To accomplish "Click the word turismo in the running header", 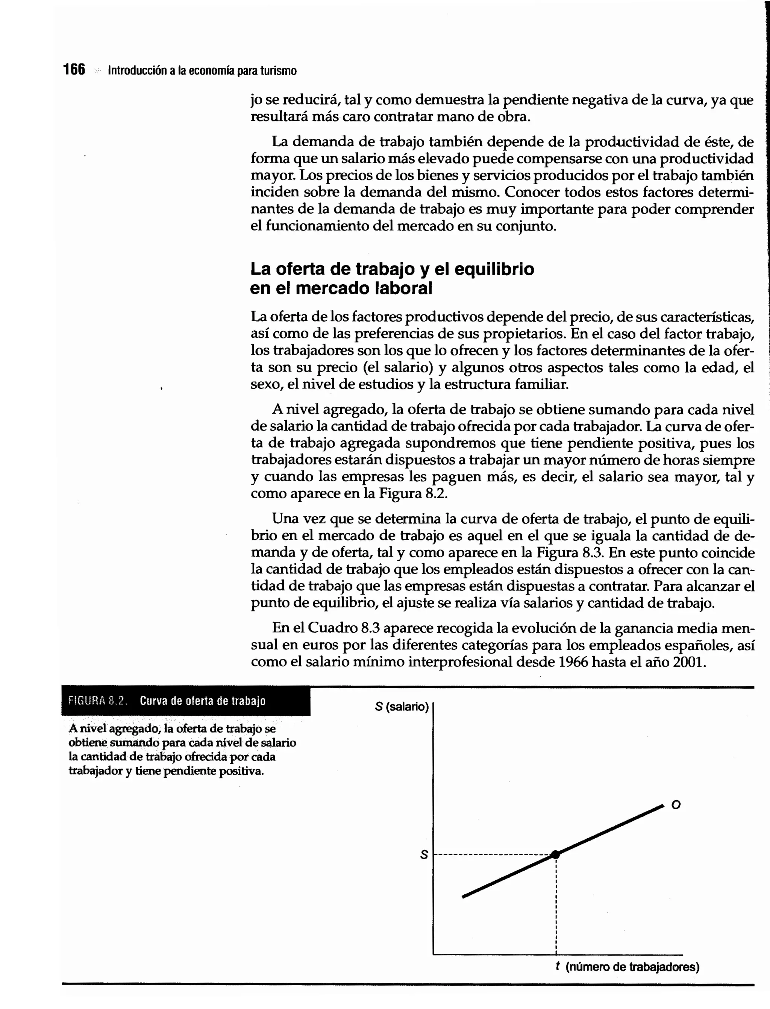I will (278, 71).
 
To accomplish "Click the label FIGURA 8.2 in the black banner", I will (97, 701).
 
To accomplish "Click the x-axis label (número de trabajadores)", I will (632, 967).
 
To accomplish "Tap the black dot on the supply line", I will (555, 854).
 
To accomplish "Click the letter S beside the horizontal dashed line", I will (424, 855).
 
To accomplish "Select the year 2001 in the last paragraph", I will (688, 662).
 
